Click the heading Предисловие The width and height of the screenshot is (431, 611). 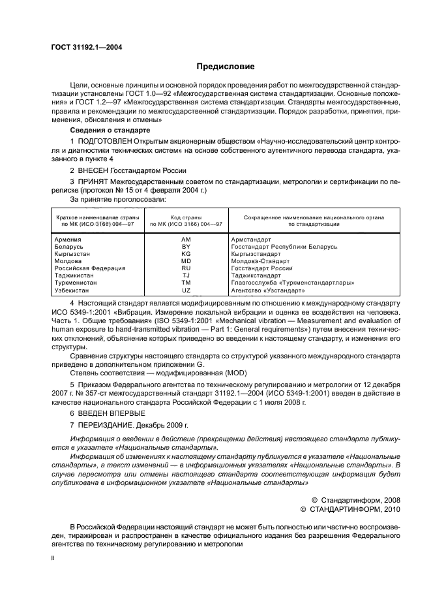(x=226, y=67)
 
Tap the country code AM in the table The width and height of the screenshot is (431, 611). (x=186, y=240)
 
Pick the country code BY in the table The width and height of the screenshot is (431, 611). (x=186, y=247)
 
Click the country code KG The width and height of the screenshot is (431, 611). (x=186, y=255)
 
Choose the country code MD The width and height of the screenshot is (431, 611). (x=186, y=261)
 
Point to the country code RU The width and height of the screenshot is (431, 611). (x=186, y=268)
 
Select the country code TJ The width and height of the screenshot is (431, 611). (x=186, y=275)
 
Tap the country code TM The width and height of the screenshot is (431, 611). (x=186, y=283)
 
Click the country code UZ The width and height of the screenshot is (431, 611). (x=186, y=290)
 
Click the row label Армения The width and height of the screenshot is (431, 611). (x=68, y=240)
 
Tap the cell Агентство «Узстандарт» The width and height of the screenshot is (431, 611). (x=268, y=290)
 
